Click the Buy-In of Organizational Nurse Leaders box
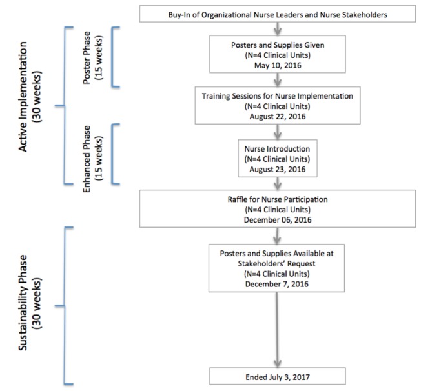coord(278,14)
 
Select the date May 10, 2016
coord(278,65)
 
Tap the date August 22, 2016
coord(278,116)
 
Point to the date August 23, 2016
coord(278,169)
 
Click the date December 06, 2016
coord(278,220)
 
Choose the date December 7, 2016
coord(277,284)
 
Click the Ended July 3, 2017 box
coord(278,376)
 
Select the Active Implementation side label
coord(30,96)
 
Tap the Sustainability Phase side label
coord(30,303)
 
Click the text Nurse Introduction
coord(277,149)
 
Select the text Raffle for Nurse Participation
coord(278,199)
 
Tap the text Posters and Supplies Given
coord(278,45)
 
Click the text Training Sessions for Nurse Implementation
coord(278,96)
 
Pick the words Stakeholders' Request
coord(277,264)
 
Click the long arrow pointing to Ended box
coord(277,330)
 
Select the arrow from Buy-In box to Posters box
coord(278,29)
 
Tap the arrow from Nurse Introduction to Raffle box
coord(278,184)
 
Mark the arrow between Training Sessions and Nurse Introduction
coord(278,132)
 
